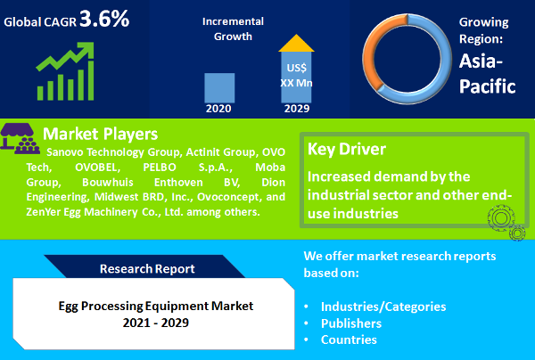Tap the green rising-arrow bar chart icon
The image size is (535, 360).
pos(65,71)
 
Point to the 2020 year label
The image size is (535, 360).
pos(219,109)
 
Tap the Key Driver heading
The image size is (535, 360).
pos(349,149)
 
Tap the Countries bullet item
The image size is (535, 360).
pos(349,340)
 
